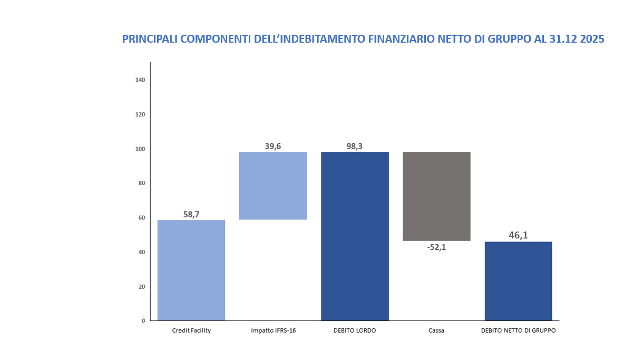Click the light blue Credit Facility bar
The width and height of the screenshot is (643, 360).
coord(191,270)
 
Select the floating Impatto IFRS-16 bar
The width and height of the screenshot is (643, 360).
coord(272,186)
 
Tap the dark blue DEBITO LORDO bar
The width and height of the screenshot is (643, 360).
coord(355,236)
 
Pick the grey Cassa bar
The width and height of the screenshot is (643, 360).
coord(436,196)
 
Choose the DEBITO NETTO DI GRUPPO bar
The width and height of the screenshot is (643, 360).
coord(518,281)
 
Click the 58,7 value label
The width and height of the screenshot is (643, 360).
coord(191,214)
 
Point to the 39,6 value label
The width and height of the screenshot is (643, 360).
coord(272,146)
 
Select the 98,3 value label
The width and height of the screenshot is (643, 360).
coord(354,146)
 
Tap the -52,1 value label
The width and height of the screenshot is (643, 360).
coord(436,247)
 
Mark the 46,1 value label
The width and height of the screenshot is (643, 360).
coord(518,235)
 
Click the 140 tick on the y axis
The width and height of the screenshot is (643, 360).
coord(140,80)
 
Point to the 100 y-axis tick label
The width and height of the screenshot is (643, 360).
coord(140,149)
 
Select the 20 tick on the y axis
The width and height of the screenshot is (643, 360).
coord(141,287)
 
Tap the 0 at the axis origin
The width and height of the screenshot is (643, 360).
coord(143,320)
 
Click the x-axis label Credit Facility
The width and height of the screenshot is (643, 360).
coord(191,331)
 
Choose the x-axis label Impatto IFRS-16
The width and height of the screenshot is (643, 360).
coord(272,331)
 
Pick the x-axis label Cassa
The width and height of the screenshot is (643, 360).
coord(436,331)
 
